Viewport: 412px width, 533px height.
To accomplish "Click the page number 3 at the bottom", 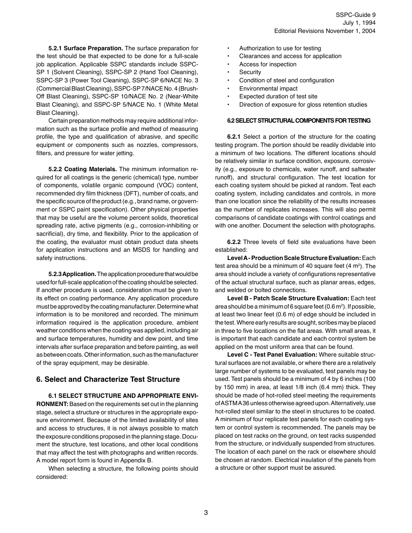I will point(206,513).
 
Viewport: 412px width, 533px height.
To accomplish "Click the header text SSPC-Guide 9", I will point(356,15).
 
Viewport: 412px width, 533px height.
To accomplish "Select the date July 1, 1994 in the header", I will point(359,23).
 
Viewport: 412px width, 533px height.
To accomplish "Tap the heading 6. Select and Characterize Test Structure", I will point(108,379).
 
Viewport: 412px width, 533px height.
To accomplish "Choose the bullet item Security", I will point(250,72).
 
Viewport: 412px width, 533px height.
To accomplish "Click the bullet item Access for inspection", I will point(268,64).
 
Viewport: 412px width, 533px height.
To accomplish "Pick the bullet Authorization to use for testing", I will point(280,48).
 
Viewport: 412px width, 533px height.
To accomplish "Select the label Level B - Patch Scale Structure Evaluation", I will point(288,299).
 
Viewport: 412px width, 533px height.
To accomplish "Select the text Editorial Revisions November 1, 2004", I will point(325,31).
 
